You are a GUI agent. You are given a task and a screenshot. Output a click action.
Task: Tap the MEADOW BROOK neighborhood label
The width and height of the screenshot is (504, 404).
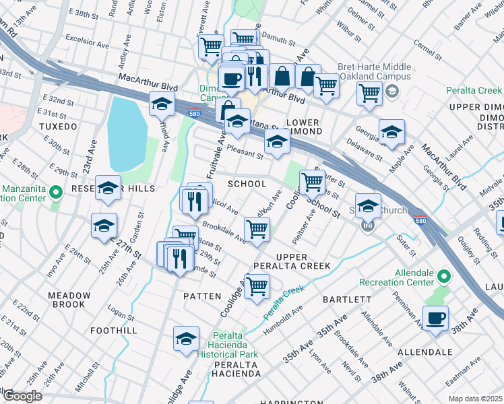tap(69, 300)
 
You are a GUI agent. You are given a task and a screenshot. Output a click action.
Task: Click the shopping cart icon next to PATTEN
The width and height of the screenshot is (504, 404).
tap(257, 286)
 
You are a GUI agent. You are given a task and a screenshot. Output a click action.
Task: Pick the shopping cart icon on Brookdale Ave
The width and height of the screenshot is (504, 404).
tap(257, 229)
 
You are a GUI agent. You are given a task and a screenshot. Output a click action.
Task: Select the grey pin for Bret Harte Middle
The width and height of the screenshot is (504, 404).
tap(393, 90)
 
